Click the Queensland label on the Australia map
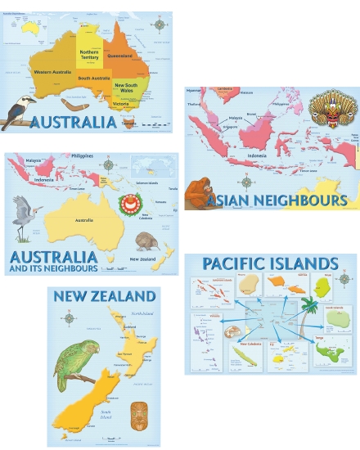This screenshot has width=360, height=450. pyautogui.click(x=119, y=56)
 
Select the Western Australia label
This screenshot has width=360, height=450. pyautogui.click(x=52, y=72)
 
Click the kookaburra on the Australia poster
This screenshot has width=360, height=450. pyautogui.click(x=17, y=110)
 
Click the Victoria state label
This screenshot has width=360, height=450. pyautogui.click(x=121, y=104)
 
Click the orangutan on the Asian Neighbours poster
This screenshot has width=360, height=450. pyautogui.click(x=196, y=193)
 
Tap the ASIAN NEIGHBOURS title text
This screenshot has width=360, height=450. pyautogui.click(x=277, y=200)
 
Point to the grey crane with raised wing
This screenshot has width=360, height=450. pyautogui.click(x=25, y=212)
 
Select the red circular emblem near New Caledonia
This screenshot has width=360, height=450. pyautogui.click(x=128, y=204)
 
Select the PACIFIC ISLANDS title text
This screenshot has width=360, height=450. pyautogui.click(x=270, y=263)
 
